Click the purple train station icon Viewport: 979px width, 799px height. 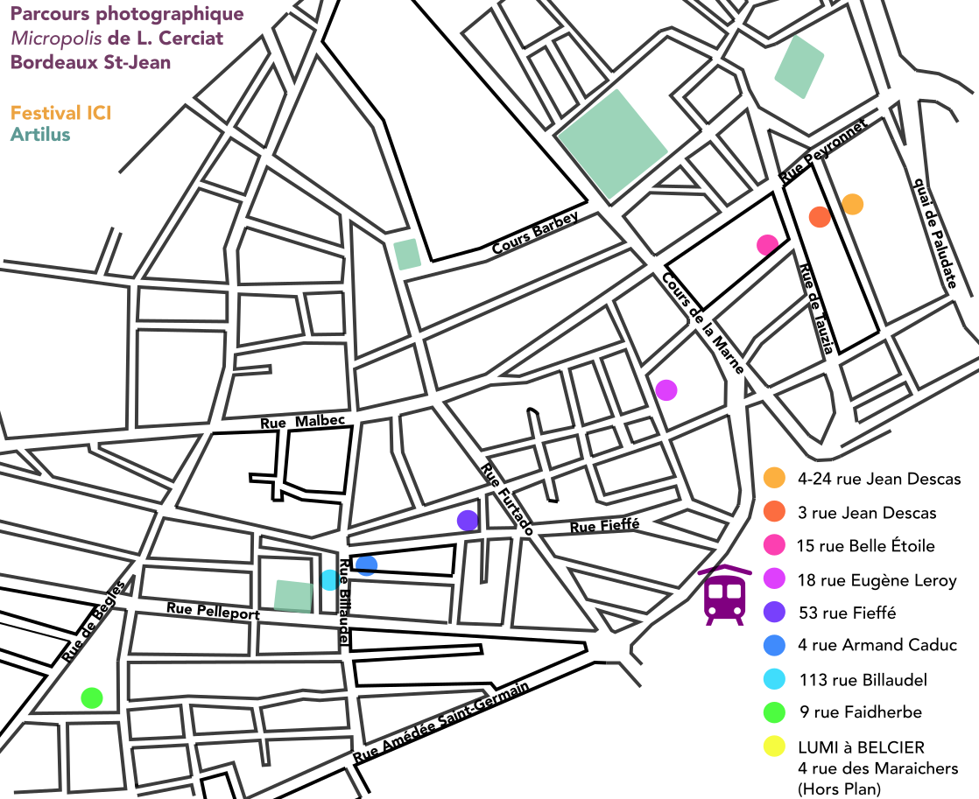coord(724,596)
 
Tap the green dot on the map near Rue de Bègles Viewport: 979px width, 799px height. coord(91,697)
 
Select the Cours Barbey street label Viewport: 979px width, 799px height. coord(536,234)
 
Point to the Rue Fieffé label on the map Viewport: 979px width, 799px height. coord(604,527)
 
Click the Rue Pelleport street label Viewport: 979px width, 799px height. coord(213,610)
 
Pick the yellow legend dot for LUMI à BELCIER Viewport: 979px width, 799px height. coord(773,746)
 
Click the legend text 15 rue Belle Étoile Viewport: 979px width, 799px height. coord(865,546)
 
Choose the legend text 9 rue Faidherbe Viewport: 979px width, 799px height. coord(860,712)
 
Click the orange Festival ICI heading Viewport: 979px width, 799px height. coord(60,113)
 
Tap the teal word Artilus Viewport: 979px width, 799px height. coord(40,134)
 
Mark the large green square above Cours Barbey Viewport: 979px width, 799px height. coord(612,144)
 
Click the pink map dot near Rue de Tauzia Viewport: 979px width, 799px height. coord(768,245)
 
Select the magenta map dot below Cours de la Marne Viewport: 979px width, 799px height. coord(666,389)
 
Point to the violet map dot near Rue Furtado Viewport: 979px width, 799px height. coord(468,521)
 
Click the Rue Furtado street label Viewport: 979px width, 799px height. coord(506,500)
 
